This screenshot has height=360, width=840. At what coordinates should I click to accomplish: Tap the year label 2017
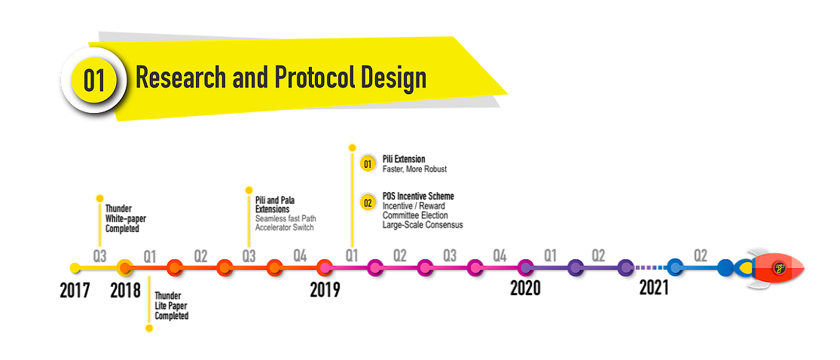pyautogui.click(x=75, y=290)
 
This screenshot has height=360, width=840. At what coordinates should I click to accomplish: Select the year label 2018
pyautogui.click(x=125, y=290)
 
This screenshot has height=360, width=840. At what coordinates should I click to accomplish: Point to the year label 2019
pyautogui.click(x=325, y=290)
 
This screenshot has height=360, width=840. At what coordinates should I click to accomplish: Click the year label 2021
pyautogui.click(x=654, y=288)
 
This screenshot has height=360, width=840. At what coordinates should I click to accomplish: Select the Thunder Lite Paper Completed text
pyautogui.click(x=172, y=306)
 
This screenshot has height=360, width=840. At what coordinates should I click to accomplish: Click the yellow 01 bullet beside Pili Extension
pyautogui.click(x=368, y=163)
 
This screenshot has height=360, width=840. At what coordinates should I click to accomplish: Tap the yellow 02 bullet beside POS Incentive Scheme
pyautogui.click(x=368, y=201)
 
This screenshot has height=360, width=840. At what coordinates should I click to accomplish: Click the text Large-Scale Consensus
pyautogui.click(x=422, y=225)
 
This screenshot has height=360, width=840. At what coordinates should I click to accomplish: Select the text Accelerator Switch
pyautogui.click(x=285, y=227)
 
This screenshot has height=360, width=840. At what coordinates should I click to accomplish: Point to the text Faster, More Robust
pyautogui.click(x=414, y=169)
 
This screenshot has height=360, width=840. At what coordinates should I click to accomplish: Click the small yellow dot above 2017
pyautogui.click(x=75, y=267)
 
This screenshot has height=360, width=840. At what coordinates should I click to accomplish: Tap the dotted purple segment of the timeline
pyautogui.click(x=651, y=267)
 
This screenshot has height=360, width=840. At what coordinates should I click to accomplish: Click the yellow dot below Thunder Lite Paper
pyautogui.click(x=149, y=328)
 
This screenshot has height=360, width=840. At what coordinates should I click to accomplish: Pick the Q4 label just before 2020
pyautogui.click(x=499, y=256)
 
